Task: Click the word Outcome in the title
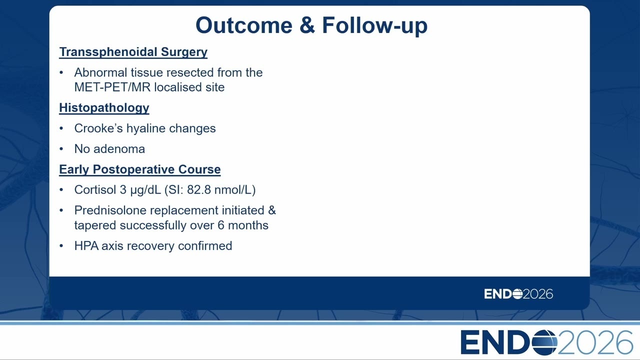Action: pyautogui.click(x=244, y=25)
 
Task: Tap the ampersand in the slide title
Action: pyautogui.click(x=307, y=25)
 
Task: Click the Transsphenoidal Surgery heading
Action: pyautogui.click(x=133, y=52)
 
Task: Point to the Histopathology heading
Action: pyautogui.click(x=104, y=108)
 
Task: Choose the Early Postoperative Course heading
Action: pyautogui.click(x=139, y=169)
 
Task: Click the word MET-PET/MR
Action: pyautogui.click(x=112, y=87)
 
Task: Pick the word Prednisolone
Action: pyautogui.click(x=110, y=210)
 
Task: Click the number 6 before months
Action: pyautogui.click(x=220, y=225)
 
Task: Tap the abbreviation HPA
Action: pyautogui.click(x=86, y=246)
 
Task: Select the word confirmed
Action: pyautogui.click(x=205, y=246)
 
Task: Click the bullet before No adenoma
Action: pyautogui.click(x=61, y=149)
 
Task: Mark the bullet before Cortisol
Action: pyautogui.click(x=61, y=189)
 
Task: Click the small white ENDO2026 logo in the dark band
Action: pyautogui.click(x=518, y=294)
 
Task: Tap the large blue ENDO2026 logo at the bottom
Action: pyautogui.click(x=546, y=342)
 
